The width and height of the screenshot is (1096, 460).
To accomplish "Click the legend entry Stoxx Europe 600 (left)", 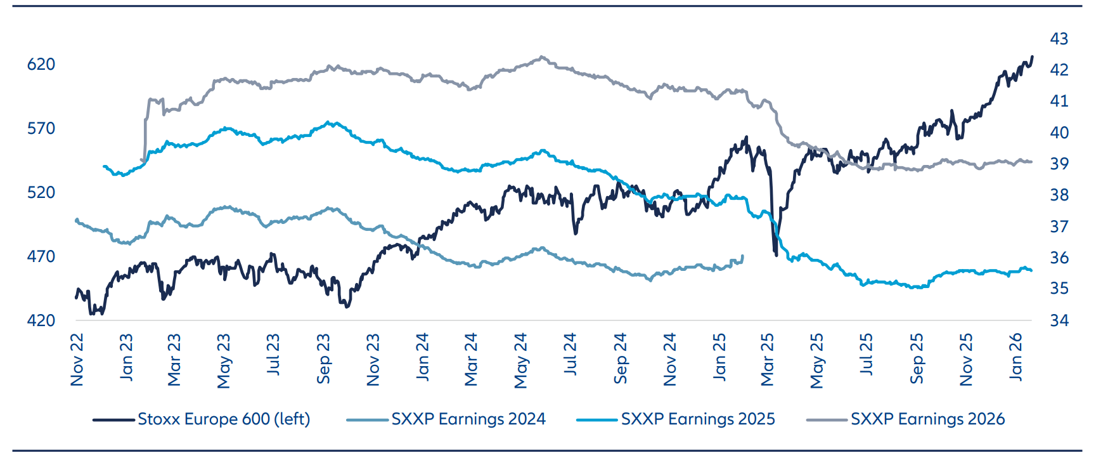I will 224,419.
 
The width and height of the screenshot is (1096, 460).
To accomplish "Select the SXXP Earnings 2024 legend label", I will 468,419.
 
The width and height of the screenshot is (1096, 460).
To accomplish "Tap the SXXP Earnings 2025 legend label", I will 698,419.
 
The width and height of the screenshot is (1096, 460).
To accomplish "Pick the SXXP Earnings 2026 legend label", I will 927,419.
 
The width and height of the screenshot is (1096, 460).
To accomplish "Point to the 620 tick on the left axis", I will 41,64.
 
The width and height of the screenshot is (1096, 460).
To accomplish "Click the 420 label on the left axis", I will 41,320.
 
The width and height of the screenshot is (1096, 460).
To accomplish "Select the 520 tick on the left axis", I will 41,192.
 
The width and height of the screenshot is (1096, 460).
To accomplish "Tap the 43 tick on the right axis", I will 1059,39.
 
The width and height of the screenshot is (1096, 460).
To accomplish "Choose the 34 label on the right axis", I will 1059,320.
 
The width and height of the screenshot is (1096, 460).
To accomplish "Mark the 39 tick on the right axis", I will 1059,164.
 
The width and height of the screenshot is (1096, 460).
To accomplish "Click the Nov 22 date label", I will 77,360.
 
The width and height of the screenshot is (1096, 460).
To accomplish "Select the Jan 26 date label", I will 1015,357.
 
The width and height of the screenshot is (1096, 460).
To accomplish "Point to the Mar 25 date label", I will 768,360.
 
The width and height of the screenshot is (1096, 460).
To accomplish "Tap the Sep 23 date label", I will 324,359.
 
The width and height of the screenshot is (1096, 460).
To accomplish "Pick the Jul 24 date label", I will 571,354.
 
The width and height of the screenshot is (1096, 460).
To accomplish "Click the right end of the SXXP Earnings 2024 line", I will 742,256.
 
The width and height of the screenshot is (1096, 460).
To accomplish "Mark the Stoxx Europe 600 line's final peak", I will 1032,56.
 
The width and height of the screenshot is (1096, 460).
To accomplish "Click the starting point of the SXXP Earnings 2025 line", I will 104,166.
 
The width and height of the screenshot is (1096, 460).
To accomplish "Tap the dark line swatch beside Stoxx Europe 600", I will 114,419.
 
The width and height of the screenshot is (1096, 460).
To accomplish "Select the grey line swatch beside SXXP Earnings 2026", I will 827,419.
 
